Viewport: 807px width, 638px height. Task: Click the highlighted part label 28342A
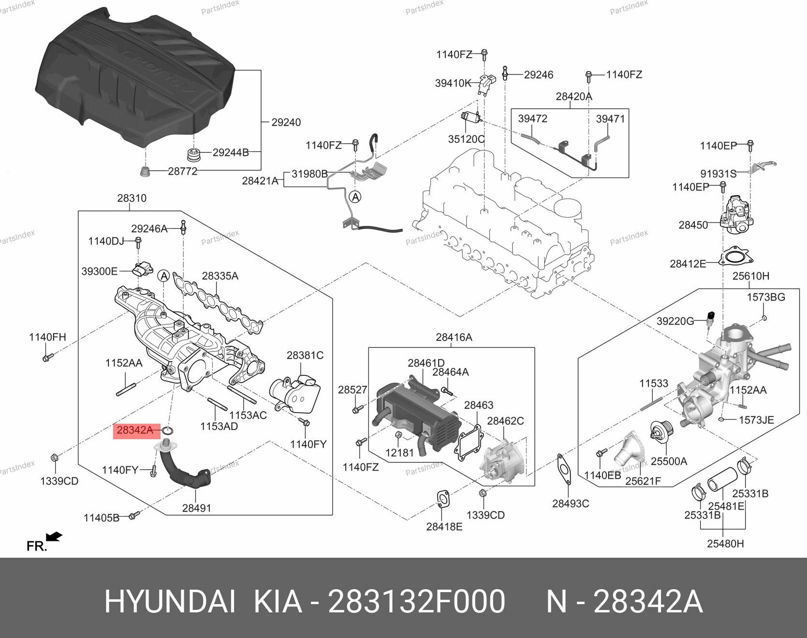point(135,430)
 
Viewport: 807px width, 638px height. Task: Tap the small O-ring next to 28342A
point(169,431)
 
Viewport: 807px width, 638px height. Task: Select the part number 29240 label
point(286,122)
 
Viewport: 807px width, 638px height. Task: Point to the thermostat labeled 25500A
point(658,431)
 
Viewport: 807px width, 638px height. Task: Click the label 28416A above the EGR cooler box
point(454,337)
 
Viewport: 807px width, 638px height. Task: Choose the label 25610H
point(750,276)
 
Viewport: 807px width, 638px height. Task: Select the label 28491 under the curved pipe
point(196,508)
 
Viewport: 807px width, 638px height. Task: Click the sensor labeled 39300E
point(142,271)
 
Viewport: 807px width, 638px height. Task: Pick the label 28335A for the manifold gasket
point(220,276)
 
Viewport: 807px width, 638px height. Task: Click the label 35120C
point(466,139)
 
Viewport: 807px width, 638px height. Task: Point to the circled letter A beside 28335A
point(164,276)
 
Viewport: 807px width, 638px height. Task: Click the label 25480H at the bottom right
point(725,544)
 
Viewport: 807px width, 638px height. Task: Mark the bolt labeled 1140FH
point(47,358)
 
